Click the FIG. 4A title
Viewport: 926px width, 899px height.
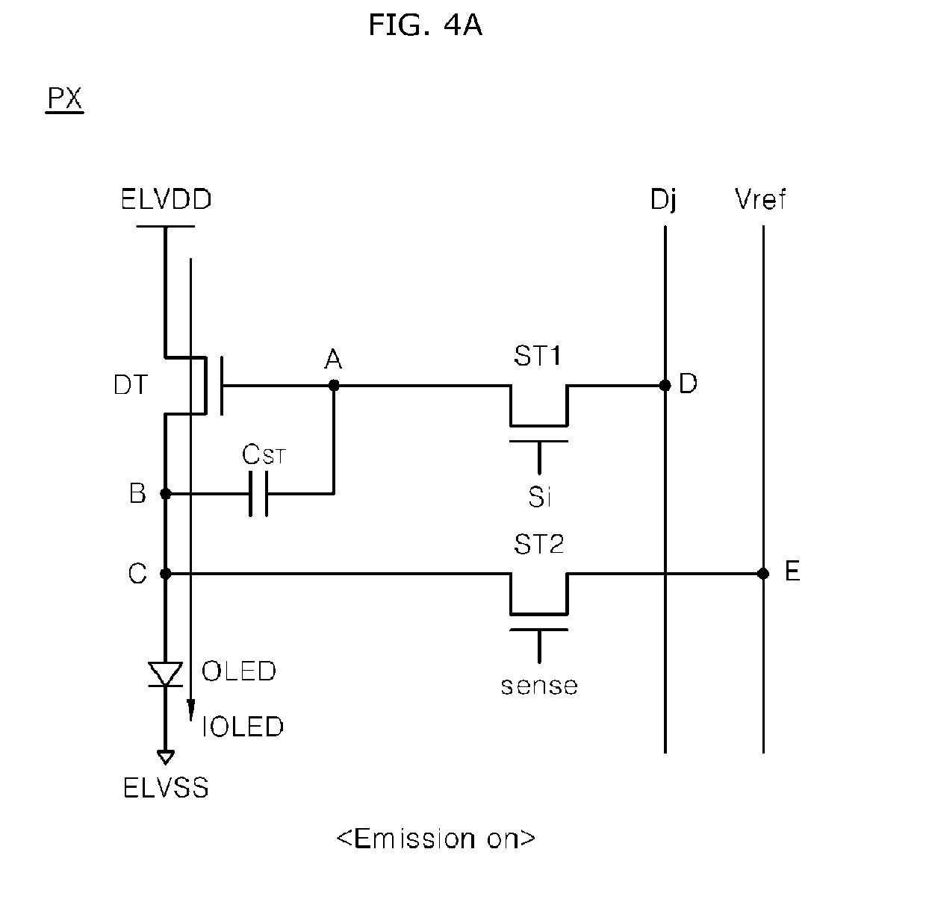[x=426, y=25]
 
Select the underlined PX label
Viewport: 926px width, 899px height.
[x=65, y=99]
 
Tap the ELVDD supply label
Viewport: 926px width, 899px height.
[x=166, y=199]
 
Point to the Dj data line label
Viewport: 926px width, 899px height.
[x=663, y=200]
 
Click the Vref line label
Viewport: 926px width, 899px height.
[x=760, y=199]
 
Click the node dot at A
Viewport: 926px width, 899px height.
[x=334, y=385]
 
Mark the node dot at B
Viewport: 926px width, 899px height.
[x=166, y=493]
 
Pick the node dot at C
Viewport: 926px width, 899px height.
[x=166, y=574]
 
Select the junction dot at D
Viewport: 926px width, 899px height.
[x=665, y=385]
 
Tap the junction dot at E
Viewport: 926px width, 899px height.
[x=763, y=574]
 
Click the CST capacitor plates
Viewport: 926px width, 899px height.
[x=259, y=493]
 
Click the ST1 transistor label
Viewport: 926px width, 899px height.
[x=538, y=356]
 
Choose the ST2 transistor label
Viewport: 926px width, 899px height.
[x=538, y=545]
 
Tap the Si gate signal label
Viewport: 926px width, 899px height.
[x=540, y=498]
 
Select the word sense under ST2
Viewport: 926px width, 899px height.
[x=539, y=686]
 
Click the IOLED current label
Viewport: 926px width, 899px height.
[x=243, y=727]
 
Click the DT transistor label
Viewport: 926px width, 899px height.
[x=131, y=385]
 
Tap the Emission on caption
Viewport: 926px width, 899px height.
[x=436, y=839]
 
